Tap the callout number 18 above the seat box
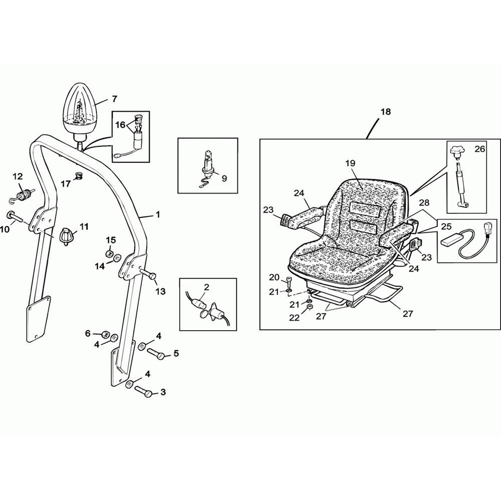386,112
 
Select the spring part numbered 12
24,195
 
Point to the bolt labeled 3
143,391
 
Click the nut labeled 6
105,335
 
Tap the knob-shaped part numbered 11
67,237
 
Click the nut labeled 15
109,254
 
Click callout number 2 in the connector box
206,287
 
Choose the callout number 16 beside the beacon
120,125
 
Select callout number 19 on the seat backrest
350,163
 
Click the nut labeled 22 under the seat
309,307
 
